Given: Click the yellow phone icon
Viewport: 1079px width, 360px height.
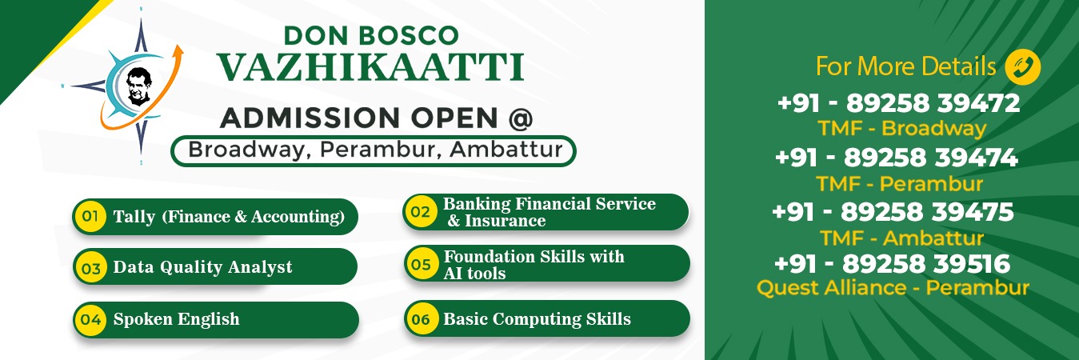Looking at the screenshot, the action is point(1023,67).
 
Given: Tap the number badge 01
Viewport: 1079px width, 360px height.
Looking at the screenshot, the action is point(90,216).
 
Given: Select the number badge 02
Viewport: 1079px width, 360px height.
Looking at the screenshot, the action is point(421,211).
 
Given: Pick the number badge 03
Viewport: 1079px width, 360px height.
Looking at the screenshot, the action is point(90,267).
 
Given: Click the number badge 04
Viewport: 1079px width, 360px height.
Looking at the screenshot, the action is point(90,319).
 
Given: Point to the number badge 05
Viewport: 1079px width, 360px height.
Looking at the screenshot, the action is point(421,264).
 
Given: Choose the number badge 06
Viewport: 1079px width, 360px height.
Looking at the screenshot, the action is point(421,318).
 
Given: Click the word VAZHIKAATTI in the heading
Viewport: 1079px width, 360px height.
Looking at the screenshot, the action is point(370,67).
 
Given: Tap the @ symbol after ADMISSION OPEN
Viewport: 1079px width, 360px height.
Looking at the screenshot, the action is point(521,118).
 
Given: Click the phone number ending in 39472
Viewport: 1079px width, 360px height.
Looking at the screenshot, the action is point(899,103).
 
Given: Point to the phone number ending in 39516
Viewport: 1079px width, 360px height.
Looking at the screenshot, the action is point(892,264).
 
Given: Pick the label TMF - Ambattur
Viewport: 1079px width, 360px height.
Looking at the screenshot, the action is point(902,238).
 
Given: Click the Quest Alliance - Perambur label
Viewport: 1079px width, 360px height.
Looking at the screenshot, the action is point(893,288).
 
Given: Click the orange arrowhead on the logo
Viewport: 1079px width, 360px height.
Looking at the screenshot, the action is point(178,51).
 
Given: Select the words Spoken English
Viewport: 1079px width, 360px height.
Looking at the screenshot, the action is point(176,319).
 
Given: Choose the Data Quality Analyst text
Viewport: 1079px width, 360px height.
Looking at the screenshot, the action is point(203,267).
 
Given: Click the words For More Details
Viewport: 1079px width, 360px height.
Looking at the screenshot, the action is point(905,66).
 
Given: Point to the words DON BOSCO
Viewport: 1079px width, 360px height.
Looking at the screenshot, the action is point(371,36).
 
